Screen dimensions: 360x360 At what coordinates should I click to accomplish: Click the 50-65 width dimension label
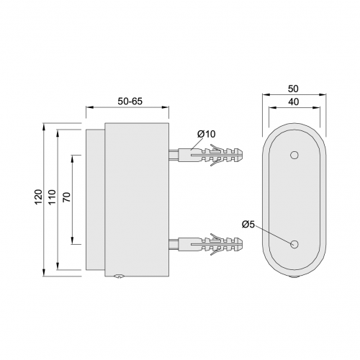(x=130, y=102)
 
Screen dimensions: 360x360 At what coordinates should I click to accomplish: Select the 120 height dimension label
(x=39, y=197)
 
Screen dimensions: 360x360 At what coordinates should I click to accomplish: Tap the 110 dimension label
(x=52, y=197)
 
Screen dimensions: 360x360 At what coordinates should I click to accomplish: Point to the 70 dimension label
(x=67, y=197)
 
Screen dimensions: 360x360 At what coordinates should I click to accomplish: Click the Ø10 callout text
(x=207, y=134)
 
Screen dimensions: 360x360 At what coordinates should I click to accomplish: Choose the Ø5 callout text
(x=248, y=225)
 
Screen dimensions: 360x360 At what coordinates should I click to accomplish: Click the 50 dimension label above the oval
(x=293, y=89)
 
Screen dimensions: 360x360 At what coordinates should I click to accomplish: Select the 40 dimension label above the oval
(x=294, y=102)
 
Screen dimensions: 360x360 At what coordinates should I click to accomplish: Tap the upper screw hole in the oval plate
(x=294, y=155)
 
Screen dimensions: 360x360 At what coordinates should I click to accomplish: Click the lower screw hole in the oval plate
(x=294, y=244)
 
